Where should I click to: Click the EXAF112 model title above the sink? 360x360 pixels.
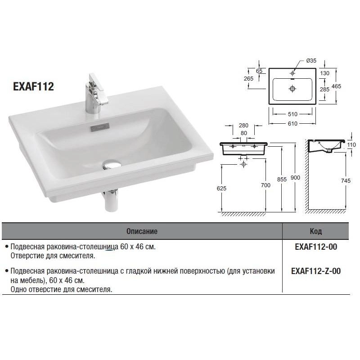33,86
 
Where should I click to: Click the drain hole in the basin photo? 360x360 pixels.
112,164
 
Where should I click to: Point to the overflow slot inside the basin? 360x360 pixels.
100,128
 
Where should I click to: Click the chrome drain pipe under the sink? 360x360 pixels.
111,200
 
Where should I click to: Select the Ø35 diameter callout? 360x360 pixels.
311,61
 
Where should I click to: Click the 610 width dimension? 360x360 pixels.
292,123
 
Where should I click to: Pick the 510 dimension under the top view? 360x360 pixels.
292,114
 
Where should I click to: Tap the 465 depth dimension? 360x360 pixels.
336,86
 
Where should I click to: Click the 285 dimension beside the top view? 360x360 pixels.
324,89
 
